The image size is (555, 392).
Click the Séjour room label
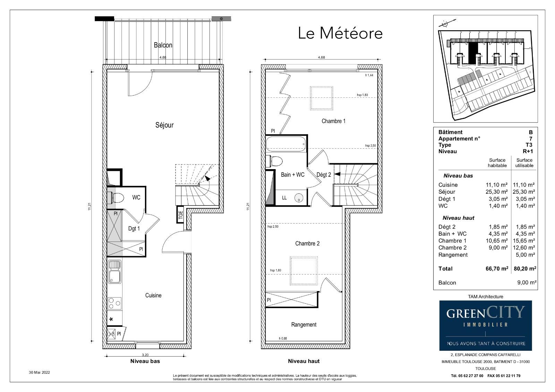coord(164,125)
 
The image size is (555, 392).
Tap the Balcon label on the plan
coord(163,45)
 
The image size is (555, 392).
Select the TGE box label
coord(180,215)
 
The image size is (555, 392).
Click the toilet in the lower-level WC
coord(117,198)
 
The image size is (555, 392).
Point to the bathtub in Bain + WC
coord(286,144)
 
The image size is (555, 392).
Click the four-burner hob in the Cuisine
coord(115,303)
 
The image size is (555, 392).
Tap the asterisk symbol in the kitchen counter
coord(111,320)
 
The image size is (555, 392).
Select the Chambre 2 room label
coord(307,244)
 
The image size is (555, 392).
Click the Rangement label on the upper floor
coord(304,325)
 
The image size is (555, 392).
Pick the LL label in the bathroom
coord(284,198)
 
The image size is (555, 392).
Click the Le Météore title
coord(340,33)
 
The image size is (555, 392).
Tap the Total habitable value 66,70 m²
coord(497,269)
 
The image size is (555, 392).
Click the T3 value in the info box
coord(529,145)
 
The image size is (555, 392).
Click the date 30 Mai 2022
coord(40,372)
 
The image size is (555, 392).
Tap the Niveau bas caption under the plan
coord(145,361)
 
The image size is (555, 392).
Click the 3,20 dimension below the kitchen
coord(145,355)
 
